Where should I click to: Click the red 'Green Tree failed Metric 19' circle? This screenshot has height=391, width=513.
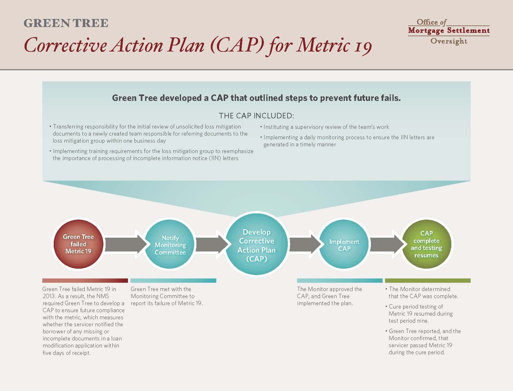[79, 244]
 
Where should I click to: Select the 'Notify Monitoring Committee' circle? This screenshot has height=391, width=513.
[170, 244]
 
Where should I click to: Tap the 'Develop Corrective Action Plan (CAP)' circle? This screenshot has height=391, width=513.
[256, 244]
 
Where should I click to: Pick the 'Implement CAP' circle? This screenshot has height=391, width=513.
[344, 244]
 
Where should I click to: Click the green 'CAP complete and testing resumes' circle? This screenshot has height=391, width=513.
[426, 244]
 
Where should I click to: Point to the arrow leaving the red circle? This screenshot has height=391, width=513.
[126, 244]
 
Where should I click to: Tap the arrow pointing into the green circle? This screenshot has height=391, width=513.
[387, 244]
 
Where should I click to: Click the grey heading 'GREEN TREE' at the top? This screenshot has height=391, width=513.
[66, 23]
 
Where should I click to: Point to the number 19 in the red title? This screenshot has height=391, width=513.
[363, 46]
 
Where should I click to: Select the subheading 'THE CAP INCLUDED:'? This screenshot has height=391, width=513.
[256, 116]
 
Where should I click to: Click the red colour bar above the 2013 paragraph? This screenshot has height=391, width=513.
[85, 281]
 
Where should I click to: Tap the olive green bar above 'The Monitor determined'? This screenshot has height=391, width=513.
[428, 281]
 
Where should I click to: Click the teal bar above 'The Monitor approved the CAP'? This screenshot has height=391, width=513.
[340, 281]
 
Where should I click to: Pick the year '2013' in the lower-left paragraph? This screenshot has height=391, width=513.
[49, 296]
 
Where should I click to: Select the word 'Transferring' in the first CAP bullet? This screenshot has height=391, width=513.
[68, 127]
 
